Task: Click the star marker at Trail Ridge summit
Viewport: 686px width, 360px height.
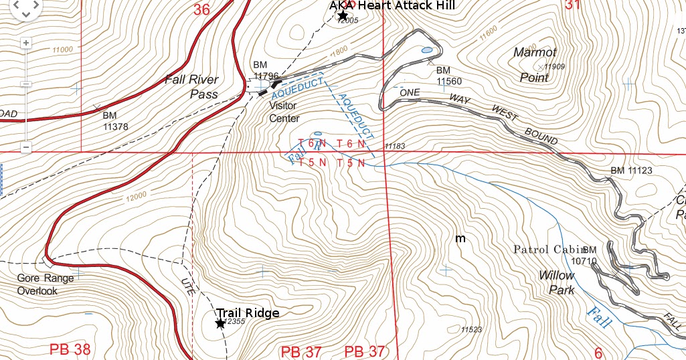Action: point(220,323)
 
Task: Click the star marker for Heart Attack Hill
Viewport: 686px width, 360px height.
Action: point(343,15)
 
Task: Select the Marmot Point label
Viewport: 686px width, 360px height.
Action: point(535,65)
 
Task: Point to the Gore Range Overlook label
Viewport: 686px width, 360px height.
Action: point(46,284)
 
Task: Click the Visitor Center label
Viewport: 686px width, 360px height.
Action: point(284,112)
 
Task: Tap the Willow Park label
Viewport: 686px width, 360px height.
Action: point(557,283)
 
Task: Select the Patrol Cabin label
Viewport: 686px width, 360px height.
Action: point(548,250)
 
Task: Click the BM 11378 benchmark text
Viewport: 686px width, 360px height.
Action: point(115,121)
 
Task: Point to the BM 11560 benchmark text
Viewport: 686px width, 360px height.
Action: point(449,76)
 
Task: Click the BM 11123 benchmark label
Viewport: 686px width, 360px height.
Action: point(631,171)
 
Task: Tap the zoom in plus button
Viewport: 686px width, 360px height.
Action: point(26,43)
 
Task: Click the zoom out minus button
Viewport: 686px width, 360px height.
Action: point(26,147)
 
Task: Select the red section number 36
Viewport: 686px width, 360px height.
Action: point(201,9)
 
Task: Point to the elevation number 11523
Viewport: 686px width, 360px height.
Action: point(471,330)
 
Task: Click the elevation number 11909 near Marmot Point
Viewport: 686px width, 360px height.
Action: point(555,66)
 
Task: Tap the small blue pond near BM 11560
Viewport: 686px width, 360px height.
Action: point(426,50)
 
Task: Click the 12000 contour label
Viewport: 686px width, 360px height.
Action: point(135,196)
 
